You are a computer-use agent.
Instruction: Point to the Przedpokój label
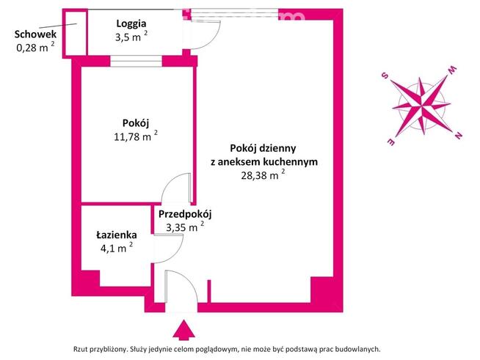tap(185, 214)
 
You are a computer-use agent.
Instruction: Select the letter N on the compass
tap(458, 135)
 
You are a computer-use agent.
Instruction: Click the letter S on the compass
tap(384, 75)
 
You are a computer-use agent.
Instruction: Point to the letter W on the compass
tap(452, 70)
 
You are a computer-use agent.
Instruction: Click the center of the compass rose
tap(421, 105)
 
